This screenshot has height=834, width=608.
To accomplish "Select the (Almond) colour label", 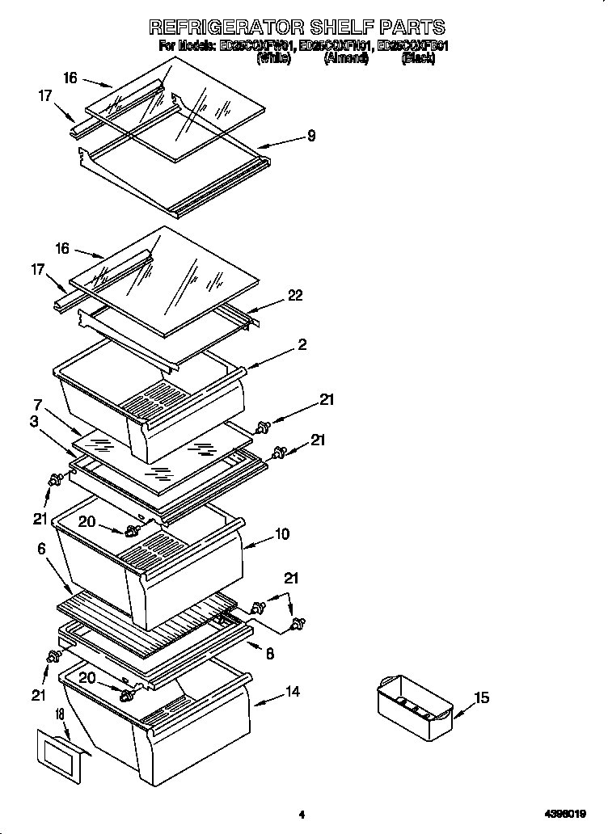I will coord(347,59).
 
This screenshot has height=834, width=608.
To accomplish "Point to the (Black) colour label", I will coord(418,59).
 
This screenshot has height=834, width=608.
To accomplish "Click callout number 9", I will coord(310,137).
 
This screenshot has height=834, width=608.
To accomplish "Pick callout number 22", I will coord(295,296).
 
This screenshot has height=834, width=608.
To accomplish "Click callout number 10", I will coord(282,534).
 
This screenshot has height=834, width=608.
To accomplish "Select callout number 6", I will coord(40,549).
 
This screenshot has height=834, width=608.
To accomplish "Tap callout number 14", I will coord(292,692).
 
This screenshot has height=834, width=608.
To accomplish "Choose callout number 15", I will coord(482,697).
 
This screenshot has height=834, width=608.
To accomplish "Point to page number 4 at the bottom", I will coord(301,815).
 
